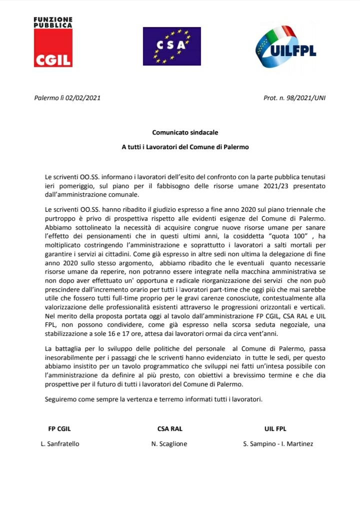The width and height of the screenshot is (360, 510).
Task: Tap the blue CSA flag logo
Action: (171, 46)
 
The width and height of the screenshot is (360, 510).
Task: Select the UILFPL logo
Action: (283, 48)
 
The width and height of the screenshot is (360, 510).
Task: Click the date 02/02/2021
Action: (83, 98)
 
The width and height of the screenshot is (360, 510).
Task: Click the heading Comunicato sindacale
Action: (185, 133)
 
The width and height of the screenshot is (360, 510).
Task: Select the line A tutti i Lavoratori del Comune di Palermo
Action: (185, 148)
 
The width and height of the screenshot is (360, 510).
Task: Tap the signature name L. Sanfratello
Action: (60, 443)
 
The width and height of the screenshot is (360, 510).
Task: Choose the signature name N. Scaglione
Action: (170, 443)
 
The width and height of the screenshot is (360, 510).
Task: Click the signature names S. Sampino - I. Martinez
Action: (278, 443)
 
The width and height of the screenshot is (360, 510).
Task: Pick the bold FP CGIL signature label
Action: (59, 428)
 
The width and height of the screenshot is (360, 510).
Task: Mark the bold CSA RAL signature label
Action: (170, 428)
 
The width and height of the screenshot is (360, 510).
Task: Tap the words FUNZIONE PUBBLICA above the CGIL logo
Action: (53, 22)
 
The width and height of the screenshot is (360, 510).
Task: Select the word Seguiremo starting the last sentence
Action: (60, 399)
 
